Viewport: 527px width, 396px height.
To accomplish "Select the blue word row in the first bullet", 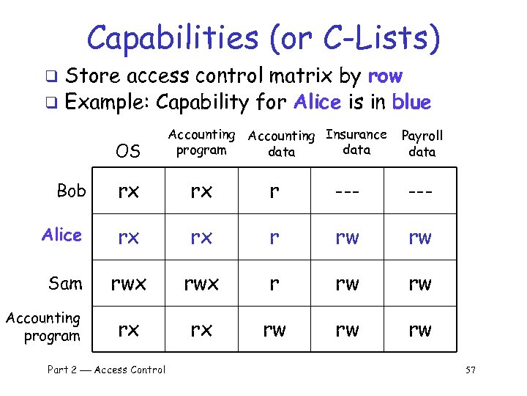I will (x=385, y=76).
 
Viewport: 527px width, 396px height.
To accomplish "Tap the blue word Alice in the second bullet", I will (x=317, y=102).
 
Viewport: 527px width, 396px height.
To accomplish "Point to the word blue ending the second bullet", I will (x=411, y=102).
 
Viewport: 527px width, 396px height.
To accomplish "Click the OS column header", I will (x=128, y=151).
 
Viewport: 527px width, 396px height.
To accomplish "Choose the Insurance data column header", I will (x=356, y=142).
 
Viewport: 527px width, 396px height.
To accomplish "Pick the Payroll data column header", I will (x=422, y=144).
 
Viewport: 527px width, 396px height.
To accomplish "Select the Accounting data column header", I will (x=281, y=144).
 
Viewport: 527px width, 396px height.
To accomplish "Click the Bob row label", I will (x=71, y=191).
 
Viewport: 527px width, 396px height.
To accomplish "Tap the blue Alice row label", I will (x=62, y=235).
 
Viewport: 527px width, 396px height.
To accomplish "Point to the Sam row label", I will (x=65, y=283).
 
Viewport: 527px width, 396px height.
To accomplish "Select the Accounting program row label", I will (x=43, y=327).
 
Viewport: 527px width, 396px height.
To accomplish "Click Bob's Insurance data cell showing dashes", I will (x=347, y=192).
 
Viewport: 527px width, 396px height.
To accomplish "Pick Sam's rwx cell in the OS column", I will (x=128, y=284).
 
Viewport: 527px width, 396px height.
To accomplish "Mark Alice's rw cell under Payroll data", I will (x=420, y=238).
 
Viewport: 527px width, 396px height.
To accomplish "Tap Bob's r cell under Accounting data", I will (x=274, y=192).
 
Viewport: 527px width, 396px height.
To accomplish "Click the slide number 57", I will (x=470, y=370).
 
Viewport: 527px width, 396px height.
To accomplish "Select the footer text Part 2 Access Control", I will (x=106, y=370).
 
